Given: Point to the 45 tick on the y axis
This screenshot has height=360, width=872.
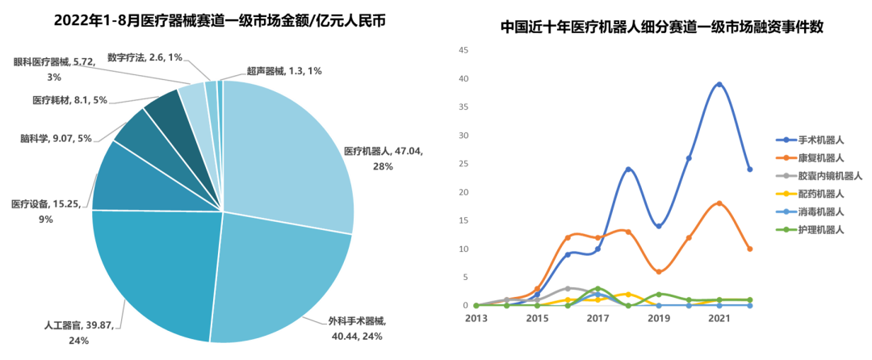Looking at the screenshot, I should coord(463,51).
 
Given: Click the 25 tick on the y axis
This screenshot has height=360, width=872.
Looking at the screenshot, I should coord(463,164).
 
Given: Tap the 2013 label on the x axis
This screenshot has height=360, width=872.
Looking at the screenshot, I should coord(476,319).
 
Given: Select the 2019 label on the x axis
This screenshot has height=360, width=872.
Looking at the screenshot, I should coord(659,319).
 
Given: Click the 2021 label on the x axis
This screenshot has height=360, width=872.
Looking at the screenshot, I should coord(719,319).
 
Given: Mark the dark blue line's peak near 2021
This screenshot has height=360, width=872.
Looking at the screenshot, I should coord(719,83).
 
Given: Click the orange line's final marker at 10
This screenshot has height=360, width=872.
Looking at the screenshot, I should coord(750,249).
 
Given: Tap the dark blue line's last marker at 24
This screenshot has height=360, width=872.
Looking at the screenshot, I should coord(750,170).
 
